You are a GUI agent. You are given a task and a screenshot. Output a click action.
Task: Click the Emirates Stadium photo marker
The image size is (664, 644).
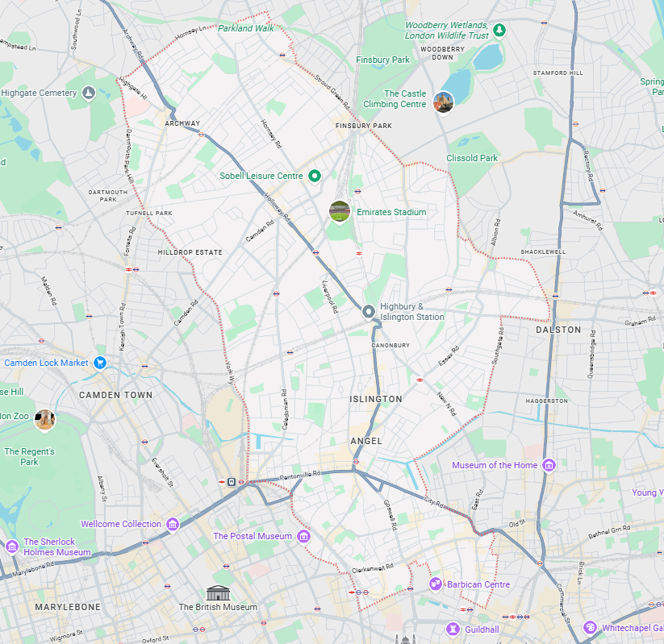coord(340,211)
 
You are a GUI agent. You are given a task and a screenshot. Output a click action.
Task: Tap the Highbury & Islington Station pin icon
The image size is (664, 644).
coord(369,311)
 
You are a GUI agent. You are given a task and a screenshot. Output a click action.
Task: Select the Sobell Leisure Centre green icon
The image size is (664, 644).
coord(315,176)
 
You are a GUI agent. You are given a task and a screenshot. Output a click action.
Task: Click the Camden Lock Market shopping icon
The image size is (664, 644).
coord(100,363)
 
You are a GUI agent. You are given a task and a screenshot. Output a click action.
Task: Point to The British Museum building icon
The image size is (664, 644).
coord(217,592)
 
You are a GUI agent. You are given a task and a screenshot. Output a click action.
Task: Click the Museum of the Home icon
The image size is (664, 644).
coord(549,465)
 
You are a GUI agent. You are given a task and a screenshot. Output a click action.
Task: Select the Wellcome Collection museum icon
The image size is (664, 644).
coord(173,524)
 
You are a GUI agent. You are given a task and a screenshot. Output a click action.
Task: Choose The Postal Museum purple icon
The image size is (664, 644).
coord(303,536)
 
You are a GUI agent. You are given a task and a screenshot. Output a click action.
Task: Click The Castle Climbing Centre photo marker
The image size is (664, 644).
coord(443,102)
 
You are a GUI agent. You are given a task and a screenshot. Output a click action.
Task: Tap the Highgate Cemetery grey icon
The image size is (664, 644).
coord(89,93)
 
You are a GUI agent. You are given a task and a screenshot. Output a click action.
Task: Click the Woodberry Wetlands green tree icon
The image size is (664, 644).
coord(499,31)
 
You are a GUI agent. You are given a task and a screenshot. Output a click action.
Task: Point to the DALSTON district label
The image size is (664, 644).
coord(558,330)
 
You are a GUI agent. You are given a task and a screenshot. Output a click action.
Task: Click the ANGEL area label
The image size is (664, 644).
coord(366,441)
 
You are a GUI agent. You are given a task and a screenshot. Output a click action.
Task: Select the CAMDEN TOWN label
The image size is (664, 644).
coord(115,395)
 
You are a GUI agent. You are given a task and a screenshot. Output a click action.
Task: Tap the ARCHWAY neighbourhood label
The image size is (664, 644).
coord(182,123)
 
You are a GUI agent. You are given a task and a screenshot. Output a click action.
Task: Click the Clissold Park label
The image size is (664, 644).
coord(472,158)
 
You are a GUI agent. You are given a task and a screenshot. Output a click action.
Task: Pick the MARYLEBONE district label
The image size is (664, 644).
coord(68,606)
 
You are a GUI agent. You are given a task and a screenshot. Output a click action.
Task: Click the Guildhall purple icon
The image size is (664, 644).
coord(453,629)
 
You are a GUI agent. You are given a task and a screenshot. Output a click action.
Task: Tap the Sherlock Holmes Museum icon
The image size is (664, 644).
coord(11,547)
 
